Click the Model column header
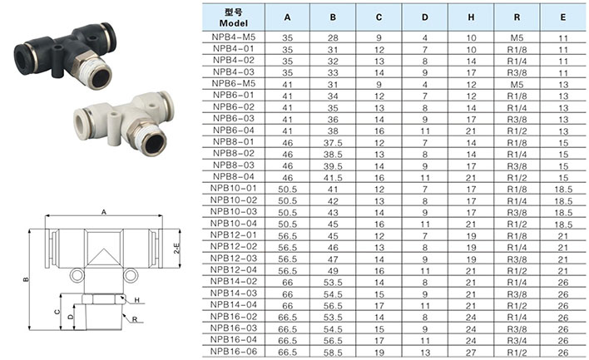[233, 17]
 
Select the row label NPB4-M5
[233, 37]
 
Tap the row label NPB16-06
[233, 352]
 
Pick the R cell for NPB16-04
[517, 341]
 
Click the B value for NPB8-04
[333, 178]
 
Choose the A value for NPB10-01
[287, 190]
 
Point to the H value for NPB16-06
[471, 353]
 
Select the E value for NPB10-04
[563, 224]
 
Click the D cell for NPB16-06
[425, 353]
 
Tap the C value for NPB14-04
[379, 306]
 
